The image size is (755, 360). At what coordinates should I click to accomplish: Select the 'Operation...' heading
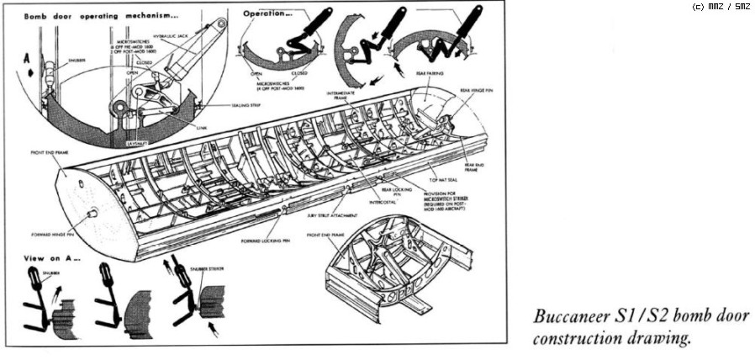click(x=267, y=14)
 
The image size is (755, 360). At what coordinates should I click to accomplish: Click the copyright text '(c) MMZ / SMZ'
click(x=721, y=7)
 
